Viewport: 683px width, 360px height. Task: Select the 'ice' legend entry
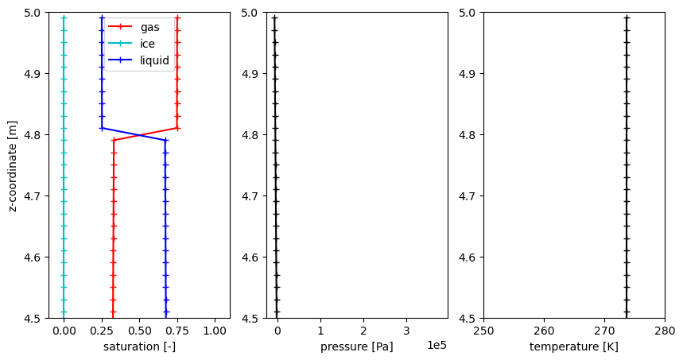tap(147, 44)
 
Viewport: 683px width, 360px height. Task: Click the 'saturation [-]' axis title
tap(139, 347)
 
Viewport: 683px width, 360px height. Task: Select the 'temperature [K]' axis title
tap(573, 347)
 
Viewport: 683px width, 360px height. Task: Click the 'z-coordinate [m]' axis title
tap(12, 165)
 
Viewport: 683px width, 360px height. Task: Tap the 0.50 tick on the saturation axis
tap(139, 330)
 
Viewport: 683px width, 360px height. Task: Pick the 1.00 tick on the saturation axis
tap(215, 330)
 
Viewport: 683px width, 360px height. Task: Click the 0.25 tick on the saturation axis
tap(101, 330)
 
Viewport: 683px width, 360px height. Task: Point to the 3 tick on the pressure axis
tap(406, 330)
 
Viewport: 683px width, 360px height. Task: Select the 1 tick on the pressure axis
tap(320, 330)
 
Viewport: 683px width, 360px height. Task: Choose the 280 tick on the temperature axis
tap(664, 330)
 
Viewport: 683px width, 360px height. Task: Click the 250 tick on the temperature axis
tap(483, 330)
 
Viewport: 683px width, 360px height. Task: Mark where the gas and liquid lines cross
tap(139, 134)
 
